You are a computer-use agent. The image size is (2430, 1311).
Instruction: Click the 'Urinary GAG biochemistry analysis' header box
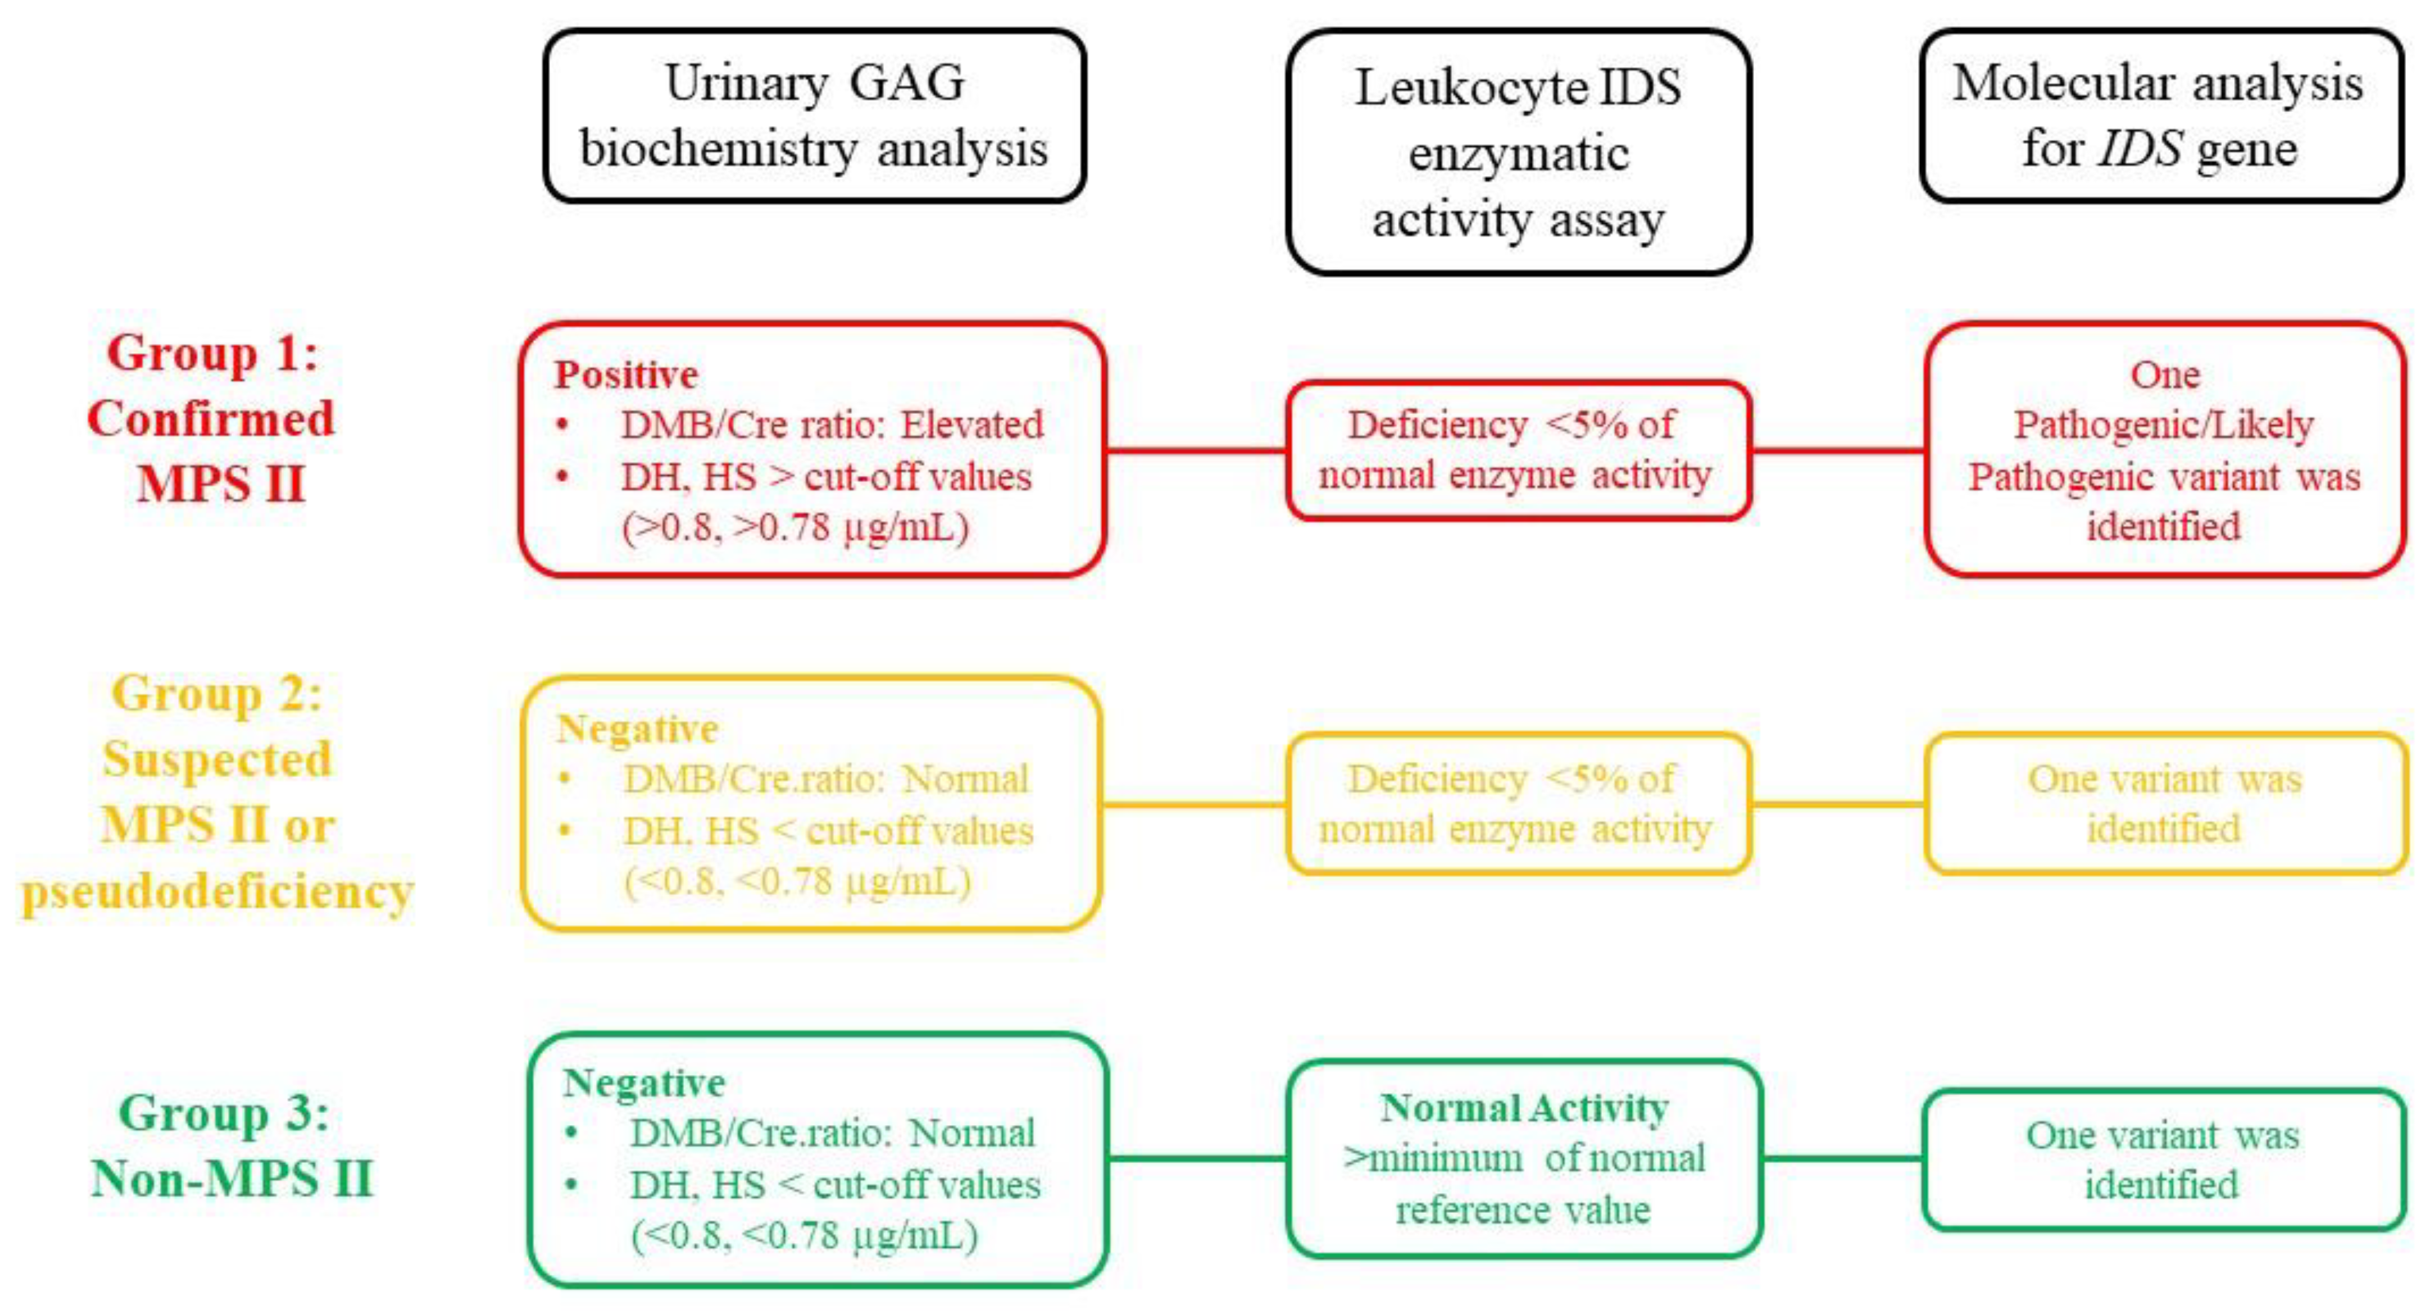pos(814,115)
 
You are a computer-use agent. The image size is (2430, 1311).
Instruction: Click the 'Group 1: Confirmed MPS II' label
pos(212,418)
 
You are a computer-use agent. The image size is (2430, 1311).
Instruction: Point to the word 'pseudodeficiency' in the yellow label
pos(218,891)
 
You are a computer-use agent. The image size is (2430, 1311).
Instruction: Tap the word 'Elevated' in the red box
pos(971,425)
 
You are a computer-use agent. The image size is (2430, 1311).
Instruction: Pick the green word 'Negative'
pos(643,1083)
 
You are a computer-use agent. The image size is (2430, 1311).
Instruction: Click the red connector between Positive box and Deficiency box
pos(1195,450)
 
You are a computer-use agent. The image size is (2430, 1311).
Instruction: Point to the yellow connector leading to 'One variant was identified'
pos(1837,804)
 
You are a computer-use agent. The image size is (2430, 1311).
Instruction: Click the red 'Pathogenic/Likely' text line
pos(2163,425)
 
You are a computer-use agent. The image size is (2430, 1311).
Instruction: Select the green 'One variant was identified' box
pos(2163,1159)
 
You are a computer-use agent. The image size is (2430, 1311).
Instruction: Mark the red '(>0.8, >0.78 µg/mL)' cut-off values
pos(795,527)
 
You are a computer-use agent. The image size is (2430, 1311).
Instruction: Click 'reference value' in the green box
pos(1523,1209)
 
